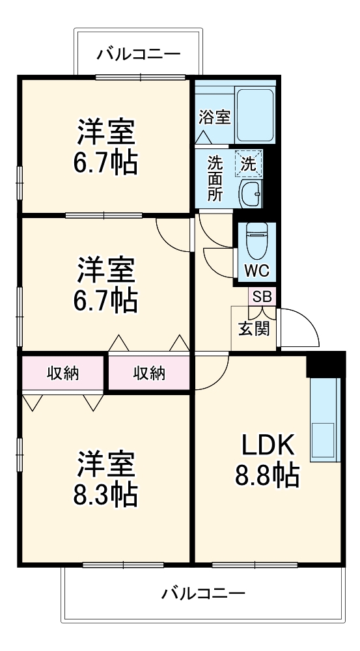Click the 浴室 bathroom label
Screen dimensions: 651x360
[x=214, y=118]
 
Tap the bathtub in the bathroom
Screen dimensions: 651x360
[x=256, y=115]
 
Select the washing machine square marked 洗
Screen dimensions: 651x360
[x=249, y=165]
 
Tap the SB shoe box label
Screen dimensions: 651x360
[x=262, y=296]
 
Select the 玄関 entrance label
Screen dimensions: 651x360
[x=253, y=329]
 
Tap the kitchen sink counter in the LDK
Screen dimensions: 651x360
[x=324, y=420]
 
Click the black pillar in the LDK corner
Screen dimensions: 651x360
[x=325, y=364]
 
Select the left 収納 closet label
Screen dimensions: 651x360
[x=62, y=373]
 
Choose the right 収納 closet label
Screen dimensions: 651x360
[x=149, y=373]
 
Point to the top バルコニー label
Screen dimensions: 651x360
[x=139, y=54]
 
